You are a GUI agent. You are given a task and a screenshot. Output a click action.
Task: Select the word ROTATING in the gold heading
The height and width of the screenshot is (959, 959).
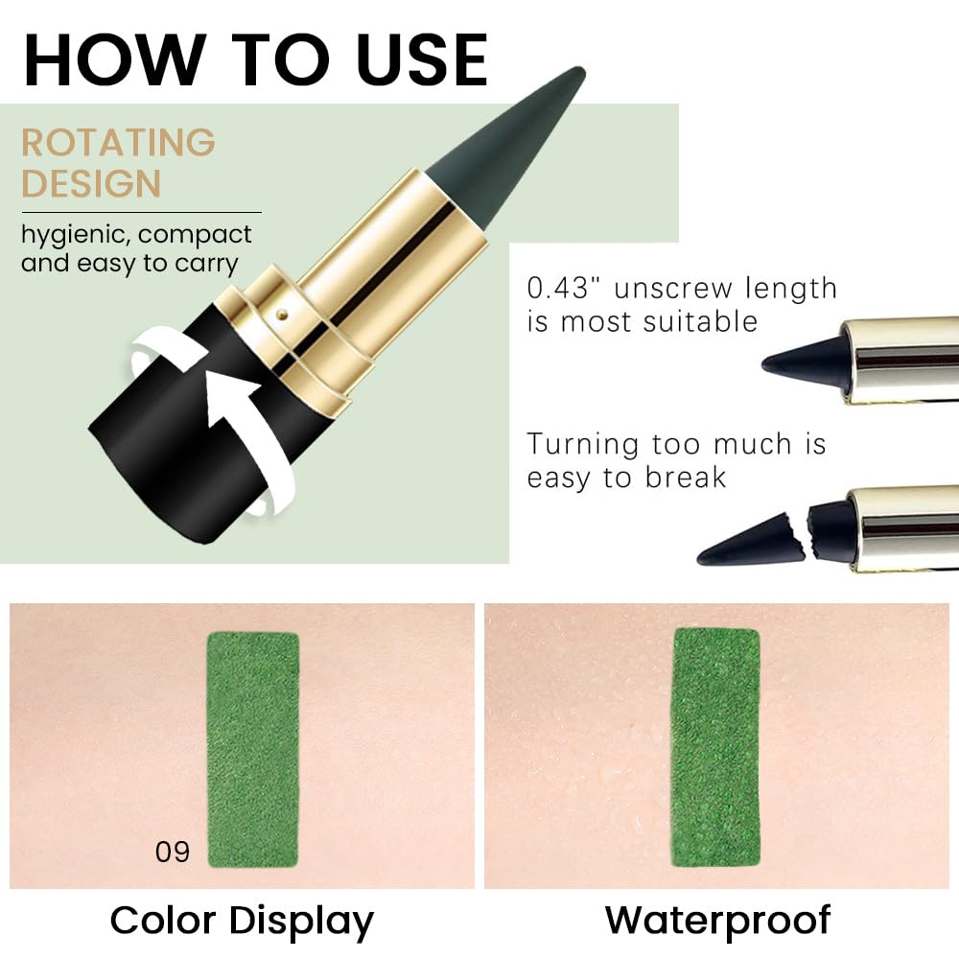point(118,143)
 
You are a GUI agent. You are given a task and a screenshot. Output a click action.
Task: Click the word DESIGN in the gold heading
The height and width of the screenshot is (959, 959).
point(91,183)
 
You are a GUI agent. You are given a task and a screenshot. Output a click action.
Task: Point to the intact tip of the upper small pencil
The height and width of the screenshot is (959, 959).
point(801,360)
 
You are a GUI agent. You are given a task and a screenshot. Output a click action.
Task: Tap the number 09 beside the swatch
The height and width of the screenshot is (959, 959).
point(173,852)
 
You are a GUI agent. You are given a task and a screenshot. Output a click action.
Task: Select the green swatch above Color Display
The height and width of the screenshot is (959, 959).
point(253,748)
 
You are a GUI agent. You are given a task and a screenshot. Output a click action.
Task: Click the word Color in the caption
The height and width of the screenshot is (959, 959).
point(163,921)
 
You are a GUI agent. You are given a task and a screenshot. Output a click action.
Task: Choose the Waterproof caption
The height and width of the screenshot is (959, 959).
point(717,921)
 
